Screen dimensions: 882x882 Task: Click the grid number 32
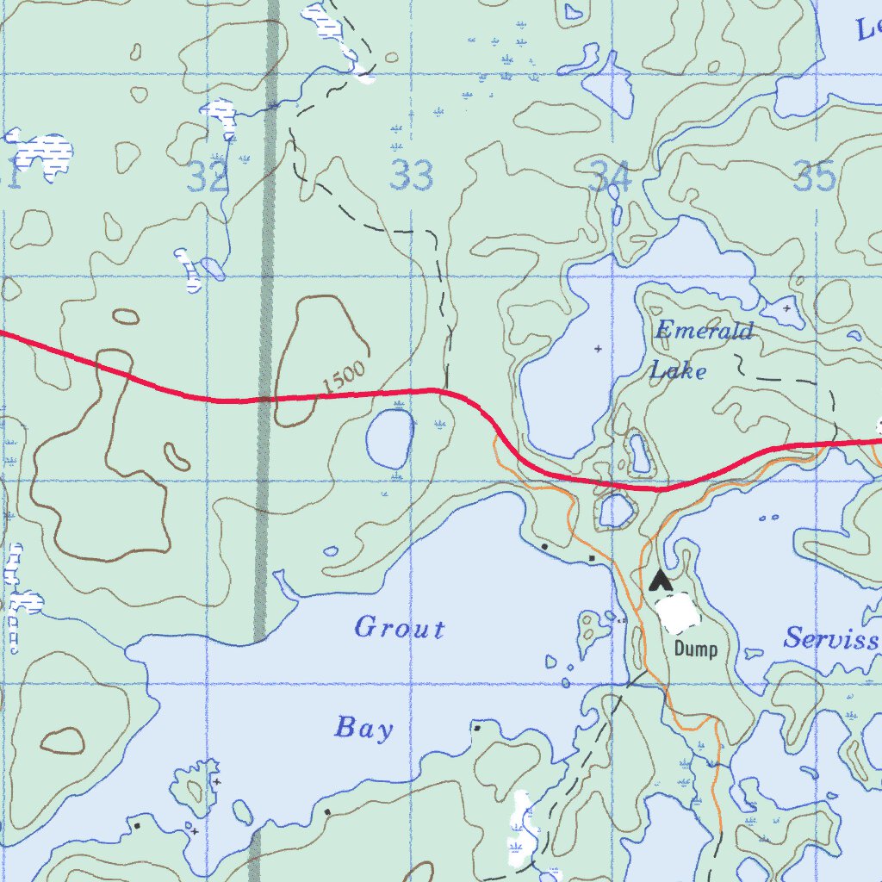coord(208,177)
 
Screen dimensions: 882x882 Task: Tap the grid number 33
coord(411,176)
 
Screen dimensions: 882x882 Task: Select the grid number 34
coord(611,177)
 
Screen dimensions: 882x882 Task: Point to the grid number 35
coord(815,177)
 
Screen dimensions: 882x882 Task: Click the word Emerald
coord(704,331)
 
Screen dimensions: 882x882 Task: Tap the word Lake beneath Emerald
coord(678,371)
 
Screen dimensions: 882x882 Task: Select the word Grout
coord(400,629)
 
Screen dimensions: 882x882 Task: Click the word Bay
coord(363,729)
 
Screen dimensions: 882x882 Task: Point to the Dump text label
coord(695,649)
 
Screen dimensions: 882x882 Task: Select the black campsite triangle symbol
coord(661,581)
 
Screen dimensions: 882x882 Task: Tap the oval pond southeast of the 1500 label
coord(389,436)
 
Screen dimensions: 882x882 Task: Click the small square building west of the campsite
coord(592,559)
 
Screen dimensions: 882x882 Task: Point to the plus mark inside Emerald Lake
coord(599,349)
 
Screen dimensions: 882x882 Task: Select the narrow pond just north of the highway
coord(639,453)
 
